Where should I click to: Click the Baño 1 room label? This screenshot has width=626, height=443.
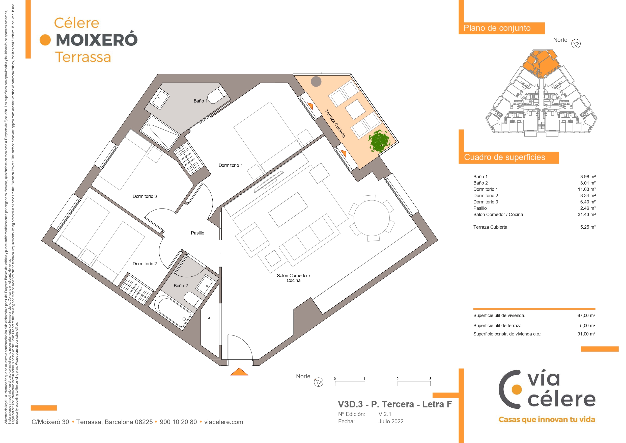[201, 101]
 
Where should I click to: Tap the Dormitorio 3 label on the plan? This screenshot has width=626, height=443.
[145, 196]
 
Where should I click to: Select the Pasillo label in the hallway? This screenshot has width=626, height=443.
[197, 233]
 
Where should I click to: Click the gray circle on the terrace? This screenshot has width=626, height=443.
[316, 81]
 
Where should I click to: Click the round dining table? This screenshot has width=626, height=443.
[372, 218]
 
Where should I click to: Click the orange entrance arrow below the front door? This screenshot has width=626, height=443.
[239, 372]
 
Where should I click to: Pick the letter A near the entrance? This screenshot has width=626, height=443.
[209, 318]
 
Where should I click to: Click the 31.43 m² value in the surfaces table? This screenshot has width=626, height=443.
[586, 215]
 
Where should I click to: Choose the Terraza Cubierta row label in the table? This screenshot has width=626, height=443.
[490, 227]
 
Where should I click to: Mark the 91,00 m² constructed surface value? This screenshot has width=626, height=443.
[586, 334]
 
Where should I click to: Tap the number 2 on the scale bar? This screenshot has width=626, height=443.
[397, 379]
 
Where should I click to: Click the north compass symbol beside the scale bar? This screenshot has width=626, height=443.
[319, 382]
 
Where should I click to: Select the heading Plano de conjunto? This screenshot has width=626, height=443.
[497, 28]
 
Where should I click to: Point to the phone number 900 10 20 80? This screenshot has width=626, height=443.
[178, 422]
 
